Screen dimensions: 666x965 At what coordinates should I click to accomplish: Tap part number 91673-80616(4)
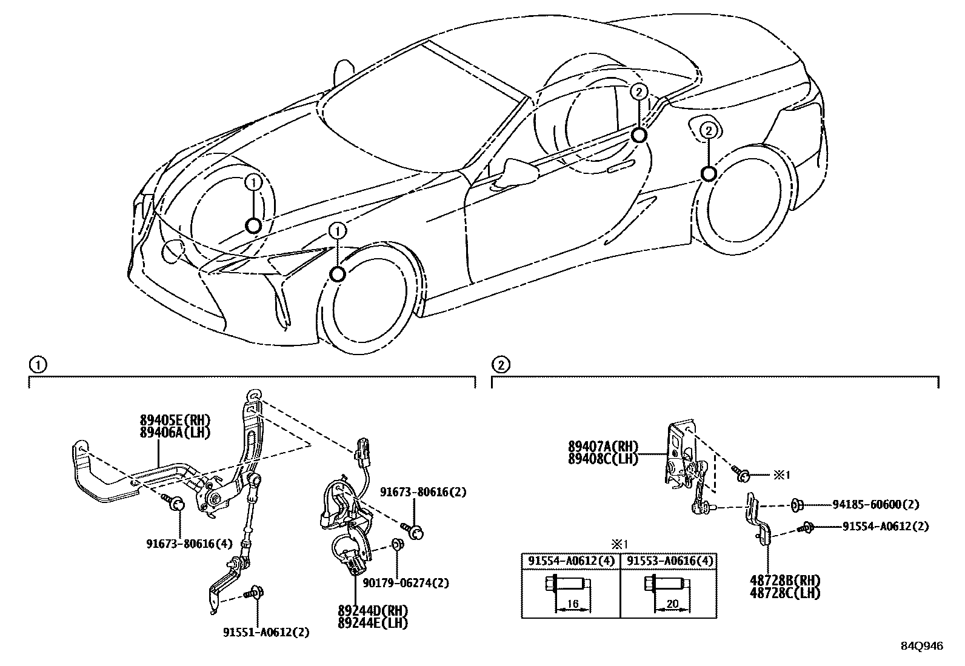tap(189, 544)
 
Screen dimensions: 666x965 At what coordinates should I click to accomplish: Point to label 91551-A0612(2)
tap(265, 632)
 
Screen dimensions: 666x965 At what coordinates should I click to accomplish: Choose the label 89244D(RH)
tap(373, 611)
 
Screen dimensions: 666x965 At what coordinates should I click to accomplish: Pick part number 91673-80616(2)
tap(423, 492)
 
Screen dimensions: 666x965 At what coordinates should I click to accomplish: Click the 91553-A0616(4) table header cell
tap(668, 561)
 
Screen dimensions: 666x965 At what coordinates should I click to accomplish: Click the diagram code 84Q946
tap(921, 646)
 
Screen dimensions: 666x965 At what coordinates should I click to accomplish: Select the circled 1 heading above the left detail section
tap(37, 365)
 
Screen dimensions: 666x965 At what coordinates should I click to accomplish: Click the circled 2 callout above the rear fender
tap(708, 130)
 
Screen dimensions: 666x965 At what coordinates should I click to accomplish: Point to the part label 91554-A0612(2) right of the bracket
tap(885, 527)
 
